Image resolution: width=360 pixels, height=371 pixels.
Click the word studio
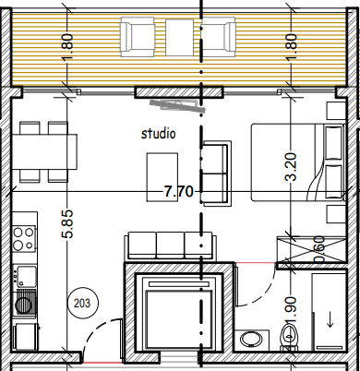coord(159,134)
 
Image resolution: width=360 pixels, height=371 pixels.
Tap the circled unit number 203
coord(82,304)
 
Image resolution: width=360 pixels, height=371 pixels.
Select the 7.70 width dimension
coord(178,192)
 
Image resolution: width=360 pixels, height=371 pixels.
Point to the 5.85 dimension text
coord(67,224)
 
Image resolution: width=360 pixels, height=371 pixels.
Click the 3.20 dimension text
coord(291,166)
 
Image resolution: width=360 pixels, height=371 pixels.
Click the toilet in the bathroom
coord(289,338)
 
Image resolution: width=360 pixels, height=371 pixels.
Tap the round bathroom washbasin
coord(251,340)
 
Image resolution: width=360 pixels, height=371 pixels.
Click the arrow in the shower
coord(330,320)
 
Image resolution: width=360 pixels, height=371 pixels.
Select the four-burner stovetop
coord(24,238)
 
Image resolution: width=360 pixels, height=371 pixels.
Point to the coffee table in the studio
coord(162,177)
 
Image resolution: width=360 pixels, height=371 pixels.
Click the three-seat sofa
coord(170,245)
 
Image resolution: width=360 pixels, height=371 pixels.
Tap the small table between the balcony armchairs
coord(180,38)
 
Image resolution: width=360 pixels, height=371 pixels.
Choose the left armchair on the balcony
coord(138,37)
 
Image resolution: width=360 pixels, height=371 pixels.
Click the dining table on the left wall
coord(44,151)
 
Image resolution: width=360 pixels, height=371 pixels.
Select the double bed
coord(297,162)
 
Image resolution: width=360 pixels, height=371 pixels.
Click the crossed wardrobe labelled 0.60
coord(311,249)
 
